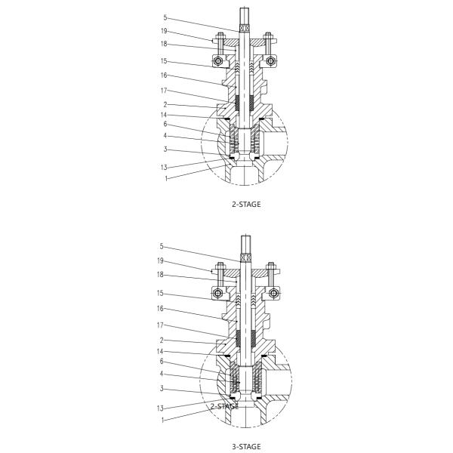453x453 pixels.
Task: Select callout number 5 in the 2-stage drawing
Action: tap(165, 17)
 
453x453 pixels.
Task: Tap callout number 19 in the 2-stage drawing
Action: tap(164, 31)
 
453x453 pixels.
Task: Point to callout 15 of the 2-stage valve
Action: tap(164, 61)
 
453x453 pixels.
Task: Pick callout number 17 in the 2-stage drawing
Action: tap(164, 90)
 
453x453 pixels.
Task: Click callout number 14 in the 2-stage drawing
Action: tap(164, 115)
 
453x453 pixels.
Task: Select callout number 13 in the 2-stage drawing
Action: tap(164, 167)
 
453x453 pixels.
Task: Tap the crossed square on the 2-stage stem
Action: tap(244, 29)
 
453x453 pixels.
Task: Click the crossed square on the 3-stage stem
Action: tap(244, 259)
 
